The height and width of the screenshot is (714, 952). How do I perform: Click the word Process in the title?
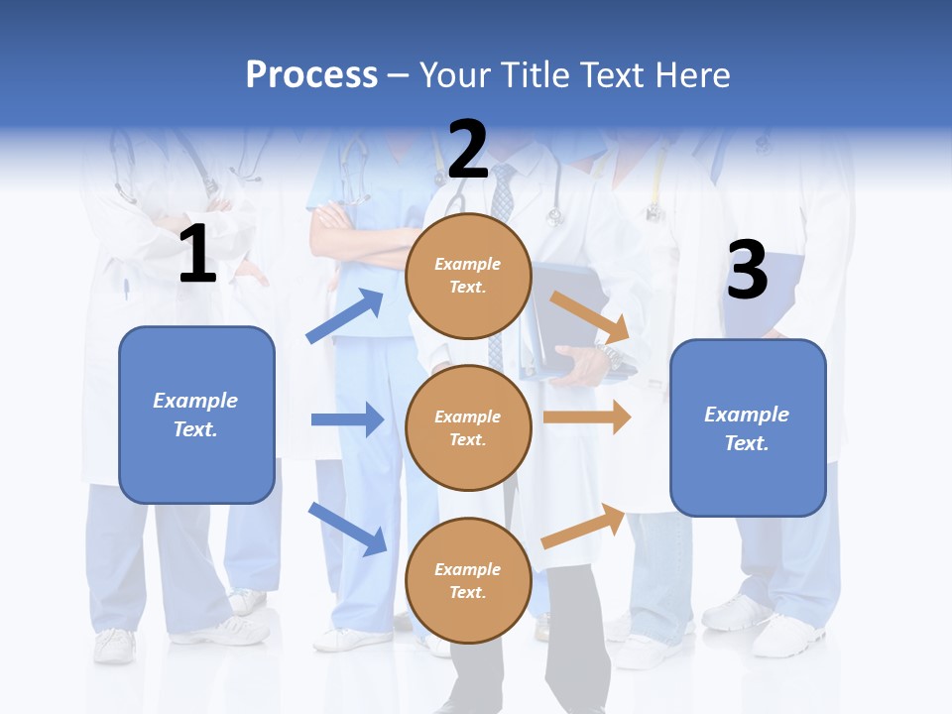(x=311, y=74)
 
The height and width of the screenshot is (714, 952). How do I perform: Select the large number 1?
(x=197, y=255)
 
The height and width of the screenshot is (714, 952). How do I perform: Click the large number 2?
(x=468, y=149)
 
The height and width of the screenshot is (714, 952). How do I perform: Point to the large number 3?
(x=747, y=270)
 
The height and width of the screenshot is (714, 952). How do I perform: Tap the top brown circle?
(x=468, y=276)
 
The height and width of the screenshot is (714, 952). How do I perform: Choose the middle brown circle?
(x=468, y=427)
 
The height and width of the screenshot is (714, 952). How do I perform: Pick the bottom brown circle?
(x=468, y=580)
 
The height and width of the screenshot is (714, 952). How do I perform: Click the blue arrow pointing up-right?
(x=345, y=316)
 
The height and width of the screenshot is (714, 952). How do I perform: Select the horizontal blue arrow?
(x=347, y=419)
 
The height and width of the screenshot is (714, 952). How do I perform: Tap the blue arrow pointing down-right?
(x=347, y=529)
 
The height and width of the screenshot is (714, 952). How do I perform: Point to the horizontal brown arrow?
(x=587, y=417)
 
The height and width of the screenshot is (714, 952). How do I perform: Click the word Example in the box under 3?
(x=747, y=415)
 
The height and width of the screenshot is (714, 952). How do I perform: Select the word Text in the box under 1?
(x=194, y=429)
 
